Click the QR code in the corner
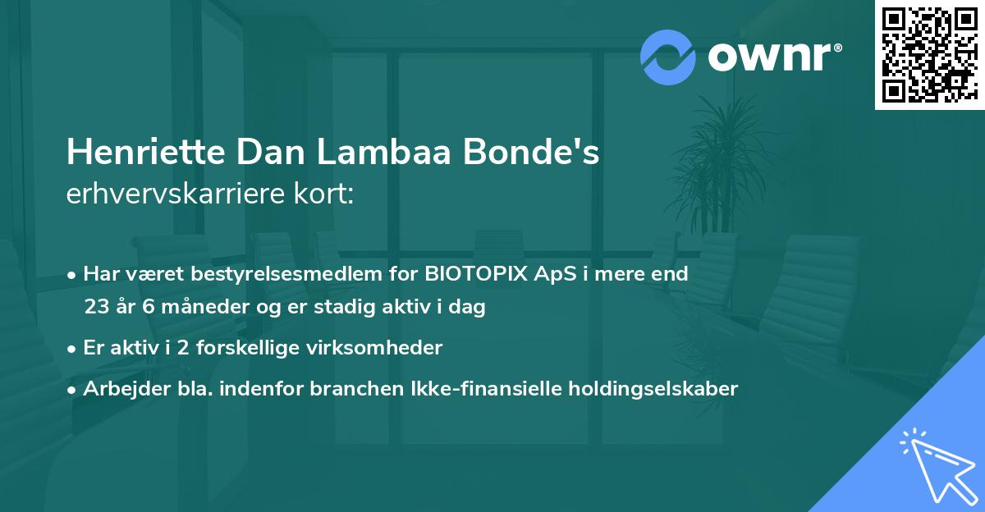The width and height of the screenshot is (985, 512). coord(930,54)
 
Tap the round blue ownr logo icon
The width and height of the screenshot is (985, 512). coord(668,57)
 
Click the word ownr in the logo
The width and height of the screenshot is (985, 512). coord(768,57)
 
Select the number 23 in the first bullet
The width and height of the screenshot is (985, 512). coord(95,307)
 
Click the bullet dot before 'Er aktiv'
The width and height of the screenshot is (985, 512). coord(73,348)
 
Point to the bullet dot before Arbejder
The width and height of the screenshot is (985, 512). coord(73,389)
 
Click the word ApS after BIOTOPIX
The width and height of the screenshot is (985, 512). coord(554,273)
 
